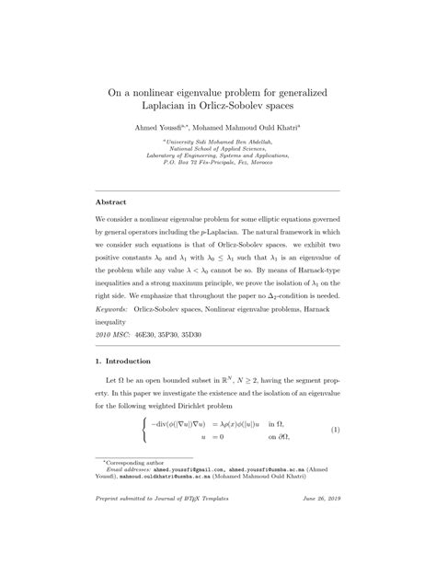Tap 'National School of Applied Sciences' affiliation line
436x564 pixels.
click(x=219, y=147)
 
